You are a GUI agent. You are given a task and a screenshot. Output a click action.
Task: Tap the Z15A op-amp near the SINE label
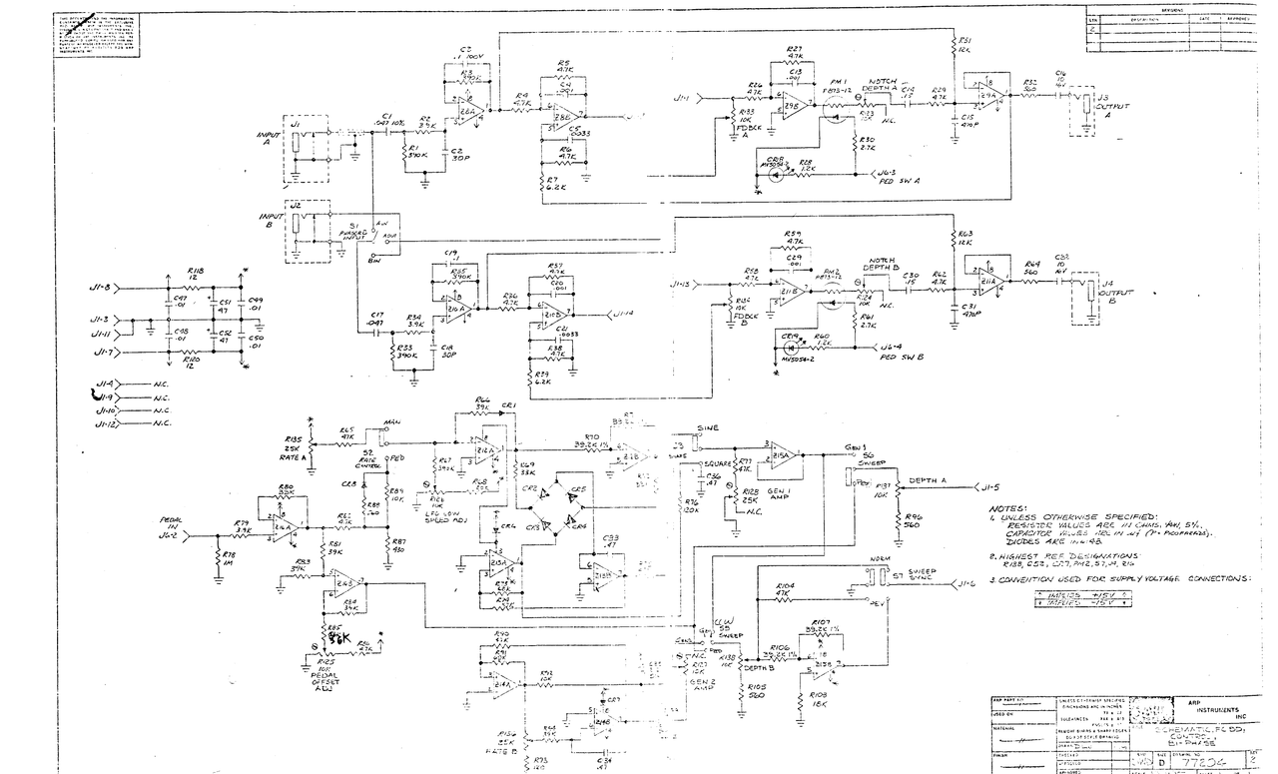[x=781, y=455]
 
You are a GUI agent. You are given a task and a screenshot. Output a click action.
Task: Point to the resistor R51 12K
[x=962, y=45]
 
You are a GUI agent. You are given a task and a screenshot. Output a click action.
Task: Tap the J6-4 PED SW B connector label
[x=904, y=352]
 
